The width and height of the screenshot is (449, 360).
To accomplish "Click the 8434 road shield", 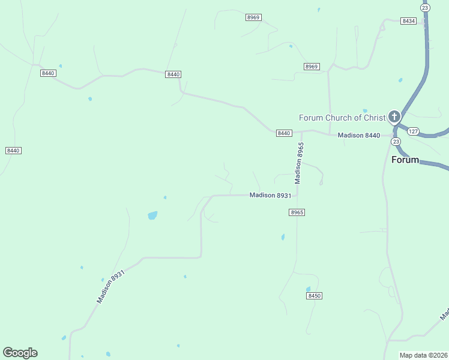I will pos(409,21).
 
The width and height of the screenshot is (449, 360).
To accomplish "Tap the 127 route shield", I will pos(412,131).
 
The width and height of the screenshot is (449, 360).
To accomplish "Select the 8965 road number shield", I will pos(297,212).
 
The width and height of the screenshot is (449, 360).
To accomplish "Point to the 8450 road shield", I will pos(314,296).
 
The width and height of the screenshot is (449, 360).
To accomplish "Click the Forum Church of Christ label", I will pos(342,118).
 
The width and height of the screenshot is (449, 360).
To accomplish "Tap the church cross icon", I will pos(394,116).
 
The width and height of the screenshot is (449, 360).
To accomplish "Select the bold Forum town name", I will pos(405,160).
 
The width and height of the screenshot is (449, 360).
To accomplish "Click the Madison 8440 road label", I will pos(359,135).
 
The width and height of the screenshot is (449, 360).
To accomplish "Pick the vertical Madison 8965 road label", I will pos(298,163).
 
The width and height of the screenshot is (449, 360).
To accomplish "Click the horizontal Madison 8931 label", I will pos(270,195).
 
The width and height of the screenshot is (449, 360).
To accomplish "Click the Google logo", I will pos(20,353).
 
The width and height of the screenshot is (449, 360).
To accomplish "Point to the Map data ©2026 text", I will pos(424,355).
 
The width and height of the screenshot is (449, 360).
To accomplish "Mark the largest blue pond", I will pos(152,215).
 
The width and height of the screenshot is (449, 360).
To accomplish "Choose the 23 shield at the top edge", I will pos(425,7).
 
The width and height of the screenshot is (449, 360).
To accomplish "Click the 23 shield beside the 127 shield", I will pos(395,141).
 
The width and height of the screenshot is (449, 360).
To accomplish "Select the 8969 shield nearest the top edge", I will pos(253,17).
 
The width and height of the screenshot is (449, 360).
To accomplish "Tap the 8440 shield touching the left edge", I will pos(13,150).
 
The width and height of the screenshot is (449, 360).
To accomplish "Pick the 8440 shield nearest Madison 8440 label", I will pos(284,133).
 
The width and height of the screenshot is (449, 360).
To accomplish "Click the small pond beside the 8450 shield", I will pos(308,289).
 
